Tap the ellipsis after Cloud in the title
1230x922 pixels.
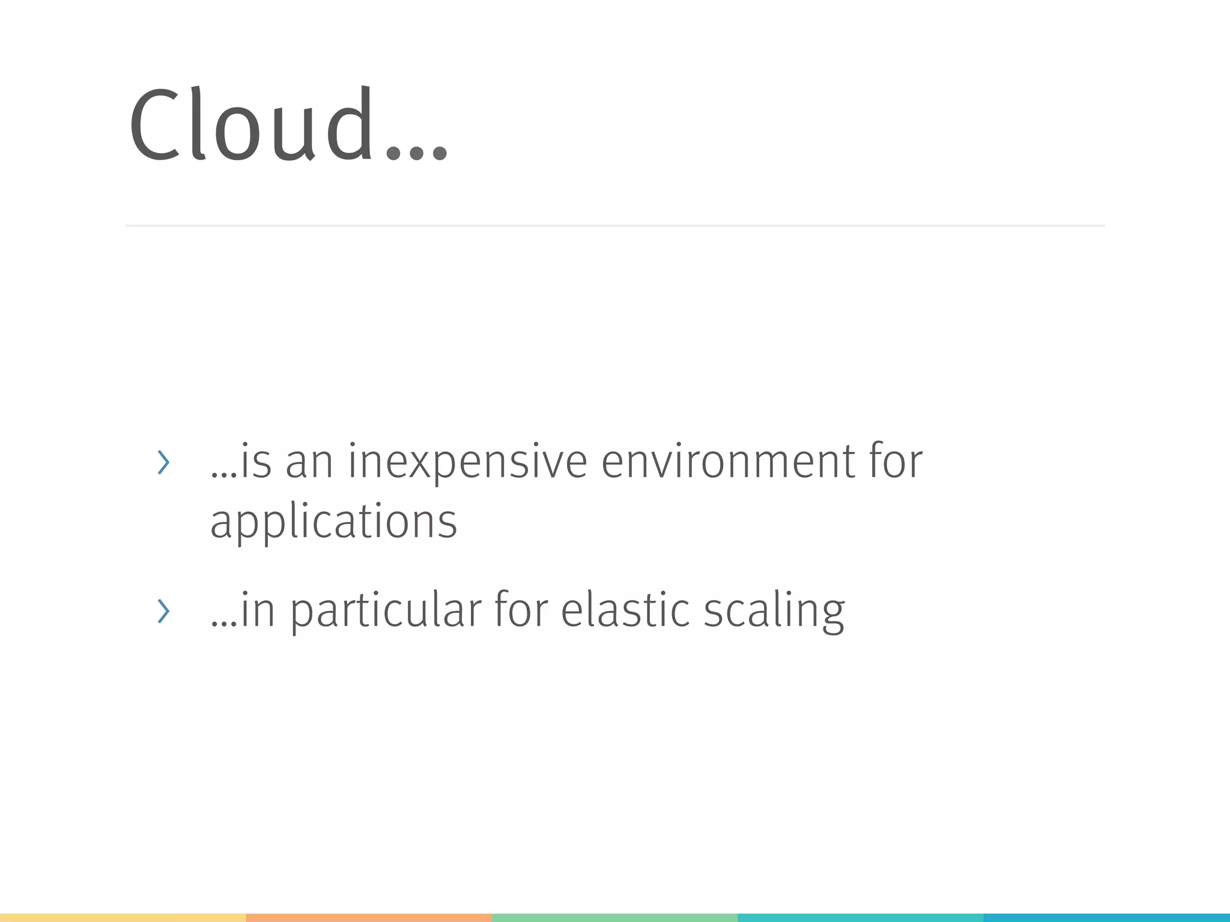coord(417,152)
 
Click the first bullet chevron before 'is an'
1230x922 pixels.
coord(163,462)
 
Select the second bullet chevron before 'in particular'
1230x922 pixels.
coord(163,611)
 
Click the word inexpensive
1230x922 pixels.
coord(467,462)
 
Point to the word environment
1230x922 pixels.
coord(728,462)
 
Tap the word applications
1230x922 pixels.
coord(333,521)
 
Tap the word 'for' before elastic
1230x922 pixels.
coord(521,610)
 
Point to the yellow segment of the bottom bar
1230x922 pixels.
coord(123,918)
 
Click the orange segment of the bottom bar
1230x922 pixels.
coord(369,918)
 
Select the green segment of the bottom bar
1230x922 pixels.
coord(614,918)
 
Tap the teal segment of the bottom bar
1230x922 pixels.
coord(860,918)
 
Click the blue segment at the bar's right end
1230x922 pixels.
coord(1107,918)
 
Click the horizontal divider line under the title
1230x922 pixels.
coord(614,226)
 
